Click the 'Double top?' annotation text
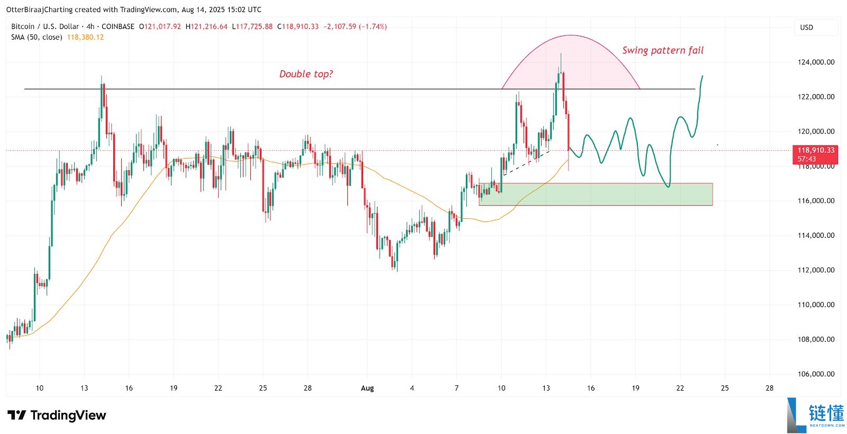(306, 74)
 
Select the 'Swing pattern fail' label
(663, 50)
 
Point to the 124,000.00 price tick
(816, 62)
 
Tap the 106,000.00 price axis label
(816, 374)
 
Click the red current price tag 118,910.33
(816, 151)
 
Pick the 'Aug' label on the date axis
(367, 388)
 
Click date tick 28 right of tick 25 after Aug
(769, 388)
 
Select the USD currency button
(806, 27)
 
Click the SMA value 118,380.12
(85, 37)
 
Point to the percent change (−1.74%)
(373, 26)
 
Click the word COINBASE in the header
(118, 26)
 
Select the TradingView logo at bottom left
(57, 415)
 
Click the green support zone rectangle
(596, 194)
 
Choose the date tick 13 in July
(84, 388)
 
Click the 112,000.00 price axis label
(816, 270)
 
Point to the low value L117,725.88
(253, 26)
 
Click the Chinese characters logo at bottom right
(826, 413)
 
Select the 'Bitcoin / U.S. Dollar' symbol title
(45, 26)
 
